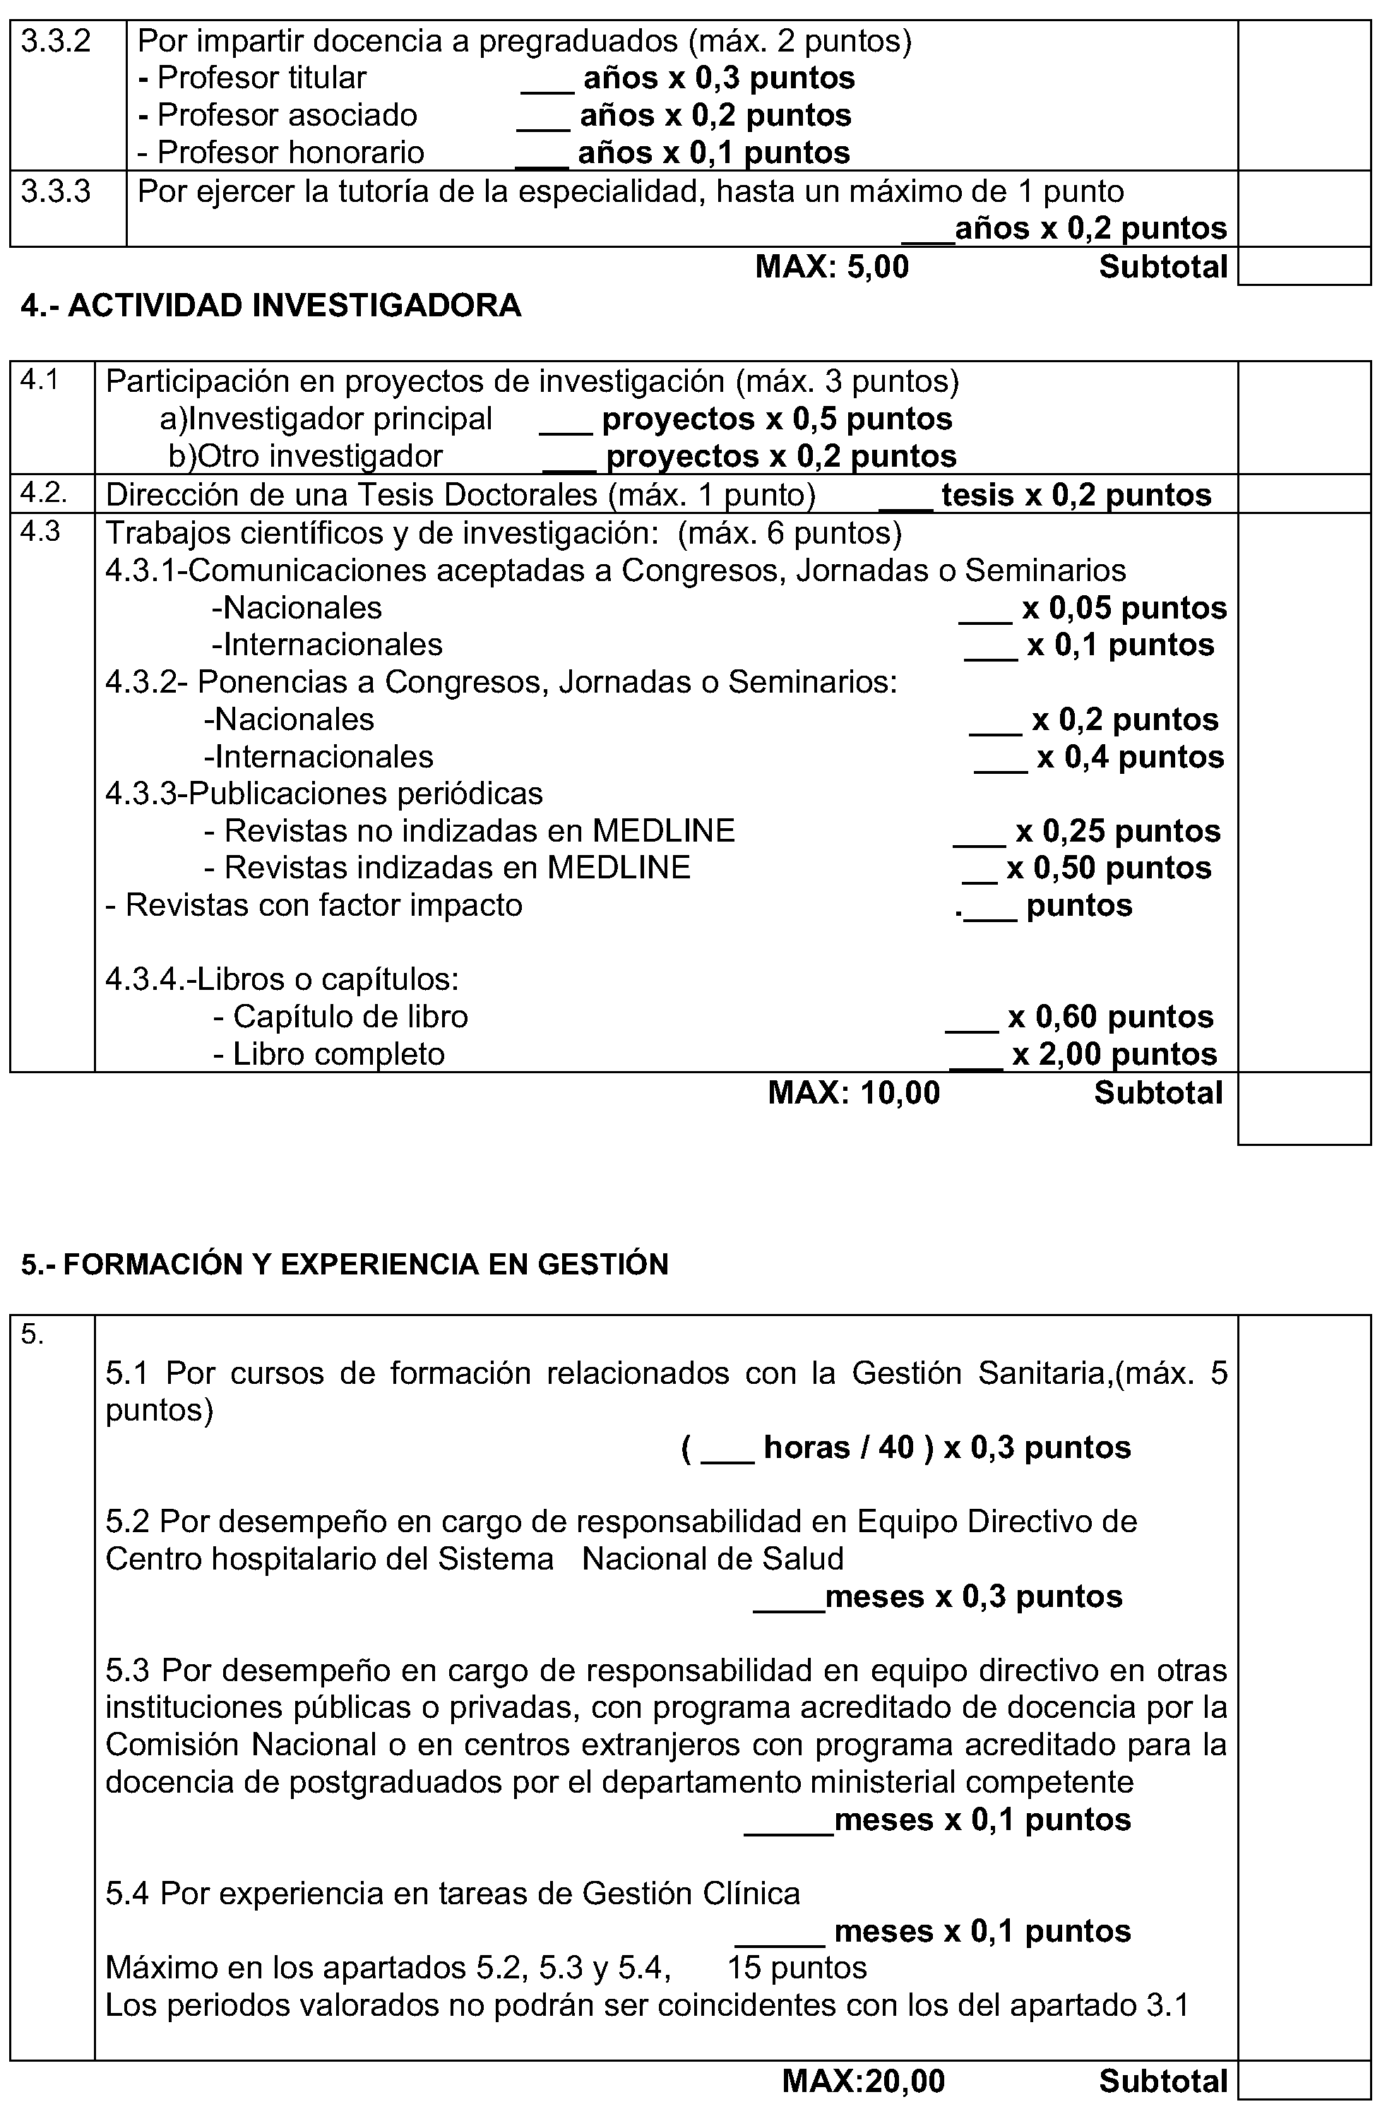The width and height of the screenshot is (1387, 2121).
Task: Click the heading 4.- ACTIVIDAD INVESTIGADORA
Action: click(x=271, y=306)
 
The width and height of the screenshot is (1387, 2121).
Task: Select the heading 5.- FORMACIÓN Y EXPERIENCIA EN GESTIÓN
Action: click(x=344, y=1265)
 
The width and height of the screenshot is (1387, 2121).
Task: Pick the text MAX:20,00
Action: click(x=863, y=2081)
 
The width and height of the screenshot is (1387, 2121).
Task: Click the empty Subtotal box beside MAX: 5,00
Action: click(x=1304, y=266)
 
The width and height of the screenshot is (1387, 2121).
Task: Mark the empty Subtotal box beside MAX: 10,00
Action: click(x=1304, y=1108)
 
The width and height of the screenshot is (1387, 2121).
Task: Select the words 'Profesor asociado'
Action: click(x=287, y=115)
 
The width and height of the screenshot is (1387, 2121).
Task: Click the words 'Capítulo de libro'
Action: click(x=350, y=1017)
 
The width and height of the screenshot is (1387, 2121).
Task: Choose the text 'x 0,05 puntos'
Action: click(x=1124, y=608)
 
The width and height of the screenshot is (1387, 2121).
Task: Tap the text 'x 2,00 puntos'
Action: click(x=1114, y=1054)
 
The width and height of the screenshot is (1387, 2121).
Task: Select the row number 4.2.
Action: click(x=43, y=492)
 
